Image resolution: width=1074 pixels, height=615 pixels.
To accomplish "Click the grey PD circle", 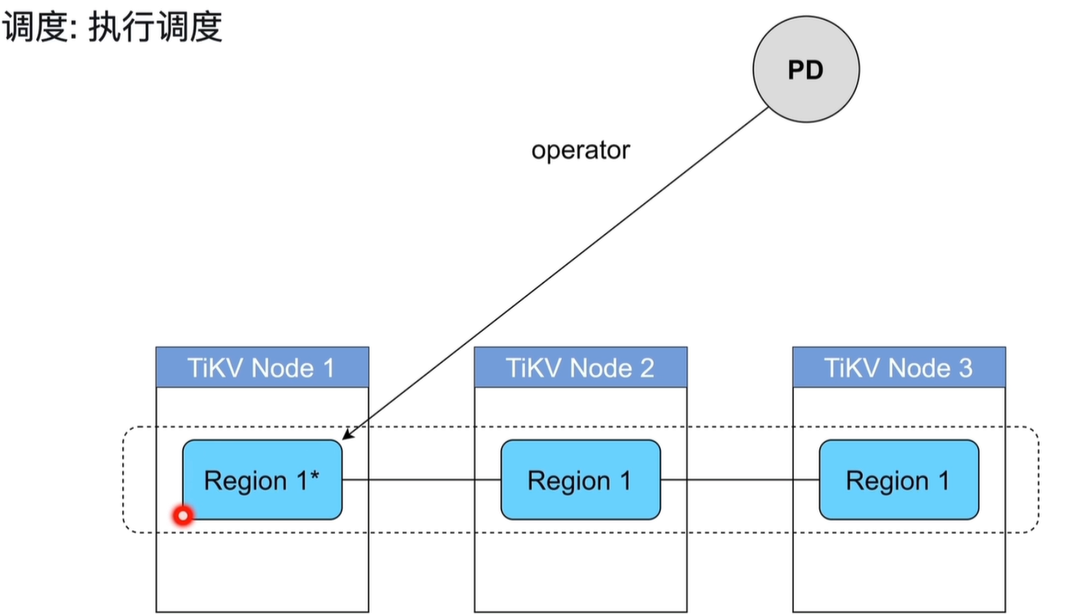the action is coord(806,69).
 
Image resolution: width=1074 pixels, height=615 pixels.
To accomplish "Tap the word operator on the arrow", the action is coord(581,151).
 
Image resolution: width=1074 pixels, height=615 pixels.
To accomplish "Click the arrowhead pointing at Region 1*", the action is coord(348,433).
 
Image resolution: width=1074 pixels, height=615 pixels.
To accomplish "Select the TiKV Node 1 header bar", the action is coord(262,367).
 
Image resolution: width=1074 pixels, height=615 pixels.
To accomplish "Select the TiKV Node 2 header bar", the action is coord(581,367).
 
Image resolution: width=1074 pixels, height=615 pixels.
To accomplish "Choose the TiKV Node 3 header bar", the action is coord(899,367).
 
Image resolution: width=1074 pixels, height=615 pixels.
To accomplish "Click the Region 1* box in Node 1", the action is coord(262,480).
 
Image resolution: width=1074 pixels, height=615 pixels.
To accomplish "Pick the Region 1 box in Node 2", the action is coord(581,480).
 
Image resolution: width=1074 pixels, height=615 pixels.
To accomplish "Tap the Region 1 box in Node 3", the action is coord(899,480).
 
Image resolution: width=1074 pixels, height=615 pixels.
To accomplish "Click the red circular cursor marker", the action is coord(183,516).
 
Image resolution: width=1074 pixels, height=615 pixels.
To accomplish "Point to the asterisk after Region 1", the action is coord(314,474).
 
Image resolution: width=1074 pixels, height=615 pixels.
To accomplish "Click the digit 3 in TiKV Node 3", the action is coord(965,369).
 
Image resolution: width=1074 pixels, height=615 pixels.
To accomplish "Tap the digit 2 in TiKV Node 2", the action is coord(647,369).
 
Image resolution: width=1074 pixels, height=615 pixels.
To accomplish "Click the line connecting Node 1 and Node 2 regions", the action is coord(421,479).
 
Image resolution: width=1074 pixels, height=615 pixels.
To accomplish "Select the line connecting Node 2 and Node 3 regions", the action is coord(740,479).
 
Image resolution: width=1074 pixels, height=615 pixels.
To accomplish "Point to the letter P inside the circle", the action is coord(796,70).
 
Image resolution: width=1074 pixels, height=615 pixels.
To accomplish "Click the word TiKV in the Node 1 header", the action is coord(217,369).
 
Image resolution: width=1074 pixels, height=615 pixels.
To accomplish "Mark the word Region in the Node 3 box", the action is coord(887,482).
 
